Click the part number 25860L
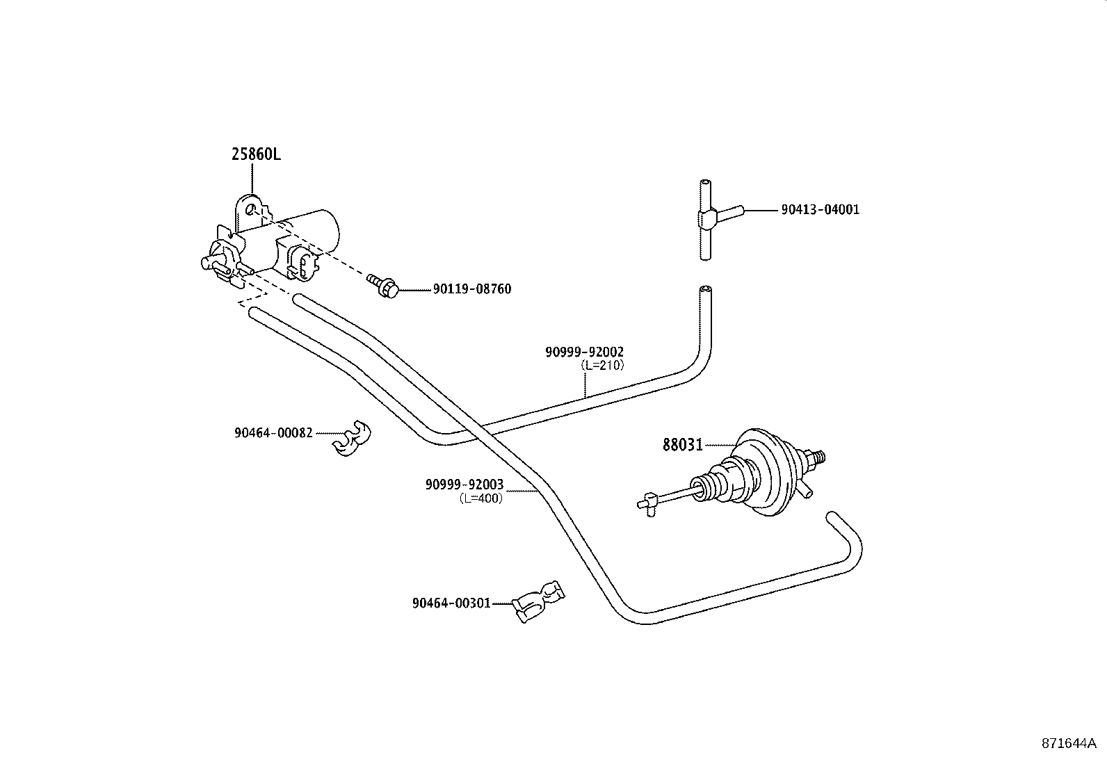click(256, 155)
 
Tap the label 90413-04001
click(821, 210)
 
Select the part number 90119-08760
click(472, 289)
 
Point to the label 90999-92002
click(585, 352)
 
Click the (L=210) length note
click(602, 365)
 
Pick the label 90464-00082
click(273, 433)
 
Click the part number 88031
click(682, 445)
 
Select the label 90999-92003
click(464, 485)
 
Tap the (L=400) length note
click(481, 498)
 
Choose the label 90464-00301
click(451, 603)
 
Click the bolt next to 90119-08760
click(383, 286)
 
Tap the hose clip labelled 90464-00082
click(351, 439)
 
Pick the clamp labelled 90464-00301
click(538, 601)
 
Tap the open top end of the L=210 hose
click(705, 289)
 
